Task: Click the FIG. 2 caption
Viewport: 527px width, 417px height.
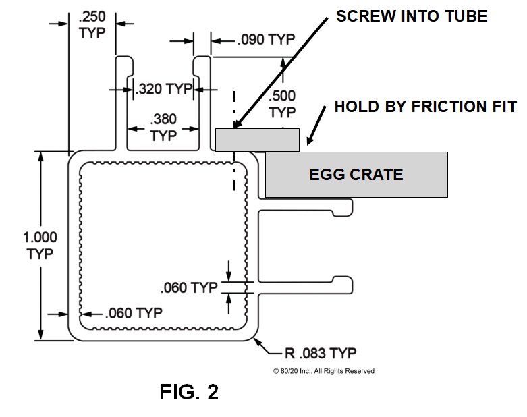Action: pyautogui.click(x=189, y=392)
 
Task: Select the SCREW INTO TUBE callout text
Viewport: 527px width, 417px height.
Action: pyautogui.click(x=411, y=16)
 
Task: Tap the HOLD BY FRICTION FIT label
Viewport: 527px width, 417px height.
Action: pyautogui.click(x=425, y=107)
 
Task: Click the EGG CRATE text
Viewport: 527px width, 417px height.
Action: pyautogui.click(x=356, y=175)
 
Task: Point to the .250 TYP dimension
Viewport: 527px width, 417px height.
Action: pyautogui.click(x=92, y=25)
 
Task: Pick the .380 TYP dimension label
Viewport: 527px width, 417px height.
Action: pyautogui.click(x=163, y=128)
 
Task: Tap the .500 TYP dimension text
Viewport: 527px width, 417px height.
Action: pyautogui.click(x=281, y=103)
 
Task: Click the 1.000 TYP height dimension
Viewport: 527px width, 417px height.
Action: pyautogui.click(x=40, y=246)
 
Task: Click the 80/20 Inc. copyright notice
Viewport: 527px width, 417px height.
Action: pyautogui.click(x=323, y=371)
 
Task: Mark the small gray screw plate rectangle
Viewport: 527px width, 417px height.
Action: pyautogui.click(x=257, y=140)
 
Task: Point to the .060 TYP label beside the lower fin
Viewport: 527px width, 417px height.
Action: pyautogui.click(x=190, y=288)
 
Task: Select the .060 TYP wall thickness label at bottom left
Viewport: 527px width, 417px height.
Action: pyautogui.click(x=134, y=313)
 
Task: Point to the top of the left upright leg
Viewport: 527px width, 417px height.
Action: pyautogui.click(x=123, y=59)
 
